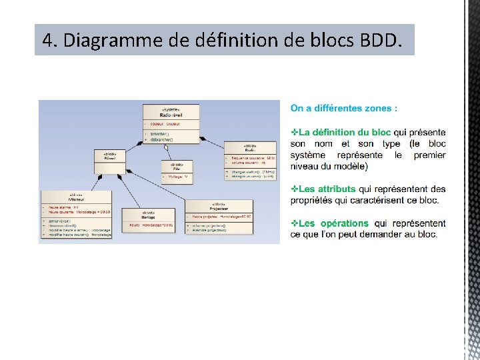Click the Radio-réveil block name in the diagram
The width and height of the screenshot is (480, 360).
tap(171, 115)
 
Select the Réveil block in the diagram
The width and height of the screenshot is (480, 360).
tap(110, 159)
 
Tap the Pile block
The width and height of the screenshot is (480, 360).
tap(177, 169)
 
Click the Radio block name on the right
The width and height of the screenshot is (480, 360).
tap(249, 151)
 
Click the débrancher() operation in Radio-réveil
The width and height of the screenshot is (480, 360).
tap(161, 139)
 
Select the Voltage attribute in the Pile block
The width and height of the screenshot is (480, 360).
tap(177, 178)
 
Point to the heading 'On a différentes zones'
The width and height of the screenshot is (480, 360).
tap(344, 108)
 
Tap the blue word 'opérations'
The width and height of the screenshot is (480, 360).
tap(344, 223)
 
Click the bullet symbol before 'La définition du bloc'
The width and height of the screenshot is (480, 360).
tap(294, 133)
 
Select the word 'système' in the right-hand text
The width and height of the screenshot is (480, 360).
tap(310, 155)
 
